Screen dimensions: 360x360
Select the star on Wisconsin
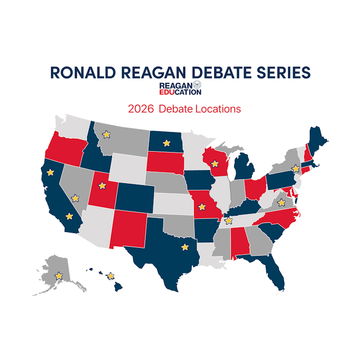click(x=215, y=164)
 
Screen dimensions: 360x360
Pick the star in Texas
click(x=185, y=247)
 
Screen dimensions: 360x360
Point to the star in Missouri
click(x=202, y=206)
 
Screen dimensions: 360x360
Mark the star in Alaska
click(x=59, y=276)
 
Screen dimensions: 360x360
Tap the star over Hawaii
click(x=110, y=276)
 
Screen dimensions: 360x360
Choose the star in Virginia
click(x=281, y=202)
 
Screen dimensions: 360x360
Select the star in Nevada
click(x=75, y=198)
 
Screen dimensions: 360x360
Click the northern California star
click(x=50, y=172)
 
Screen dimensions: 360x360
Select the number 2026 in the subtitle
click(x=141, y=109)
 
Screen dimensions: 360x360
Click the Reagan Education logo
click(x=180, y=88)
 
